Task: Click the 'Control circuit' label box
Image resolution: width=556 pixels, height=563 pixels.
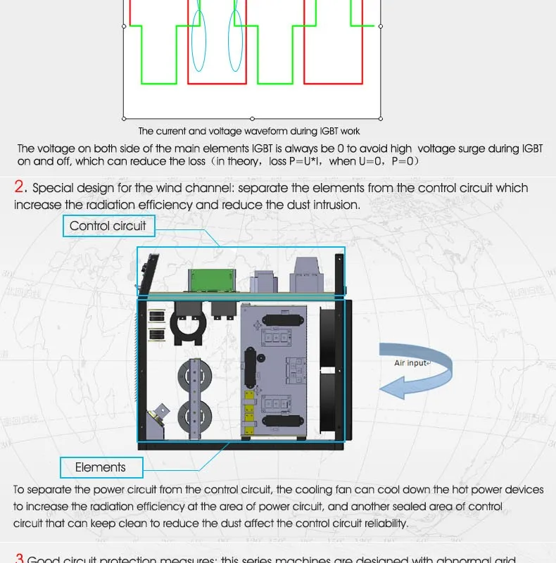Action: pos(108,226)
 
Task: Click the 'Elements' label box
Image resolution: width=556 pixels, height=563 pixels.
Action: pos(101,467)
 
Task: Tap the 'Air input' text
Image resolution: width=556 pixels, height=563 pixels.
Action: pos(411,363)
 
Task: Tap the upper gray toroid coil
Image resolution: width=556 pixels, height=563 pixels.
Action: pos(193,374)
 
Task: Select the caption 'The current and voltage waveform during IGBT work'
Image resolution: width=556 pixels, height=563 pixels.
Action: pos(249,131)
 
